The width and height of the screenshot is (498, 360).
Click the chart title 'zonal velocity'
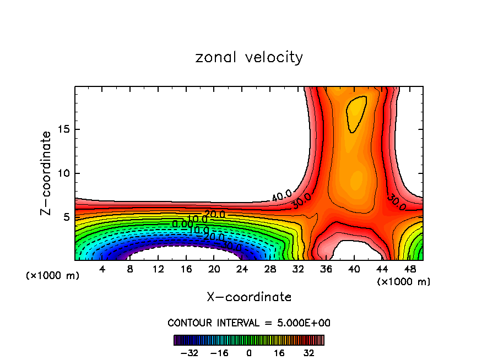(249, 57)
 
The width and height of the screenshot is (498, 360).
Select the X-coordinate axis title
(249, 297)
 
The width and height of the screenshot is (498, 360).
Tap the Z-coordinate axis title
(46, 173)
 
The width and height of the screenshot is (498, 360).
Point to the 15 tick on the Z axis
(62, 129)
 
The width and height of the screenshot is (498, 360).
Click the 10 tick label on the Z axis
(62, 173)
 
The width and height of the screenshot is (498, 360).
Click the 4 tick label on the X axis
(102, 269)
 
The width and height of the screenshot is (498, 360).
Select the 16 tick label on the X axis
(186, 269)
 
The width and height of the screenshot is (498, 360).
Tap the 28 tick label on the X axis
(270, 269)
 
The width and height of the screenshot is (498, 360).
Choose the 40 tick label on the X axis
(354, 269)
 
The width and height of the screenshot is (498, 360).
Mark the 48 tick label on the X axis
(410, 269)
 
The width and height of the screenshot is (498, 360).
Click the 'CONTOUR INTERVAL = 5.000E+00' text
(249, 323)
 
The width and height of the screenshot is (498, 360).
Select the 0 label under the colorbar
(249, 353)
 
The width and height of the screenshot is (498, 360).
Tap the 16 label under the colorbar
(280, 353)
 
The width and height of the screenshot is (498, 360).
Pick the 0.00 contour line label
(181, 224)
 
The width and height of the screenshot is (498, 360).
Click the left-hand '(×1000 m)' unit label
(52, 276)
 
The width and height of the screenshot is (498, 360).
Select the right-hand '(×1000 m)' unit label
(403, 282)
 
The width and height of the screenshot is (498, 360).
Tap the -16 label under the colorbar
(219, 353)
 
